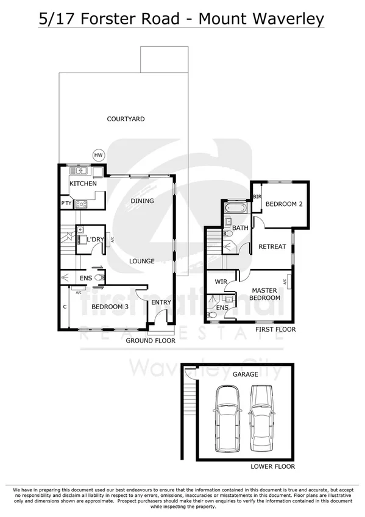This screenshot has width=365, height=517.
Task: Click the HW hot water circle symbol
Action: (x=98, y=155)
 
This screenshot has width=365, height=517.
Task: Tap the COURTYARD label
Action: (x=126, y=119)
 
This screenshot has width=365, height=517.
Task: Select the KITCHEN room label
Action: (x=83, y=184)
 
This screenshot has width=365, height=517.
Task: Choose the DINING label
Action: (x=142, y=201)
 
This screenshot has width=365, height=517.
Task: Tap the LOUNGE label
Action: (x=141, y=261)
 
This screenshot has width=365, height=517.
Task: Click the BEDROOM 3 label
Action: (x=110, y=307)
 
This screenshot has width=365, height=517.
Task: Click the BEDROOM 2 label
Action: (x=284, y=204)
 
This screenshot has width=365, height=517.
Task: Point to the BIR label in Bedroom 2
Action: (x=257, y=197)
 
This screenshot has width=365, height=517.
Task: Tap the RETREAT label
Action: (x=272, y=247)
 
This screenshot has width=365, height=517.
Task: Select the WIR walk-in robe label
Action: (x=221, y=282)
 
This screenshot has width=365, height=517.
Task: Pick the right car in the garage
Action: (x=262, y=417)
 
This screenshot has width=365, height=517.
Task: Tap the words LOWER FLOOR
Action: (x=272, y=466)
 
